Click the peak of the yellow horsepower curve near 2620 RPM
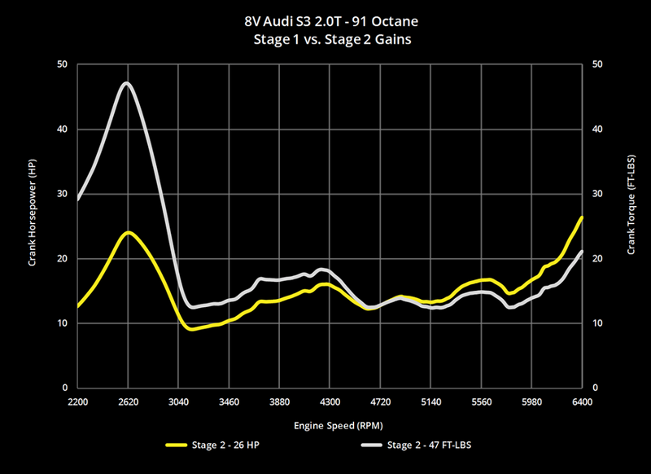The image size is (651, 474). point(129,233)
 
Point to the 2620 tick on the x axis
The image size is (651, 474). point(128,402)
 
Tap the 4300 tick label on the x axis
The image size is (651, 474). point(330,402)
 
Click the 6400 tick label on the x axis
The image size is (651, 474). point(583,402)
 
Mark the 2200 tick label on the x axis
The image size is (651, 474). point(77,402)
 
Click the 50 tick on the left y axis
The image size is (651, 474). point(62,64)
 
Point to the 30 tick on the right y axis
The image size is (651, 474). point(597,194)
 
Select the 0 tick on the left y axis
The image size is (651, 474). point(65,388)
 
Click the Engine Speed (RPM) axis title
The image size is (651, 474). point(330,425)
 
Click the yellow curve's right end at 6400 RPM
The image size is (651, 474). point(582,217)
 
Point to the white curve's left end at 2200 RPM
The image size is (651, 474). point(78,199)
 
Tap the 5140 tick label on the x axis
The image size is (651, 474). point(430,402)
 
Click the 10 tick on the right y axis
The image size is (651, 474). point(597,323)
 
